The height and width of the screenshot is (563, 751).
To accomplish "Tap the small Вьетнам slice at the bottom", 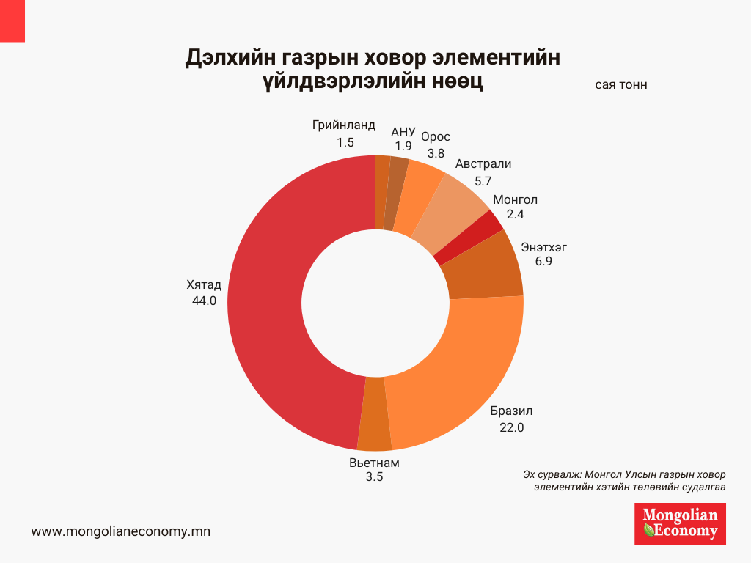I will pyautogui.click(x=375, y=413).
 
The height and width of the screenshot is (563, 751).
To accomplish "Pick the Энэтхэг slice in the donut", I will pyautogui.click(x=483, y=268).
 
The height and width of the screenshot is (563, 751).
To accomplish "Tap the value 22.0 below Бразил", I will pyautogui.click(x=511, y=428).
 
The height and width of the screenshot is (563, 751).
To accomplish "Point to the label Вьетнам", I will pyautogui.click(x=374, y=463).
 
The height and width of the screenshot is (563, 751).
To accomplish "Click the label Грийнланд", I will pyautogui.click(x=343, y=125).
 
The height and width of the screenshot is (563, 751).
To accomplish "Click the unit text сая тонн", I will pyautogui.click(x=621, y=85).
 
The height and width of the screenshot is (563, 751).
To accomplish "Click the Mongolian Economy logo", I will pyautogui.click(x=680, y=523).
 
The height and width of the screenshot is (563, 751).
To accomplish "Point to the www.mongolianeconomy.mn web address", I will pyautogui.click(x=121, y=531).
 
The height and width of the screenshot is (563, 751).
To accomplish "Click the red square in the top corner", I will pyautogui.click(x=12, y=21).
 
